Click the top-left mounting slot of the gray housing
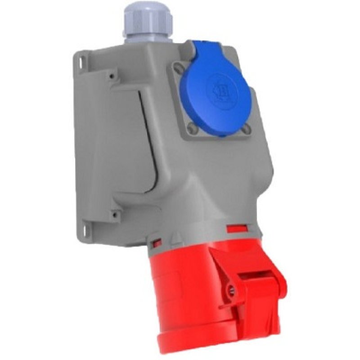tap(81, 58)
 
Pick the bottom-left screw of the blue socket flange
tap(192, 130)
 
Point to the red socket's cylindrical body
tap(180, 292)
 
